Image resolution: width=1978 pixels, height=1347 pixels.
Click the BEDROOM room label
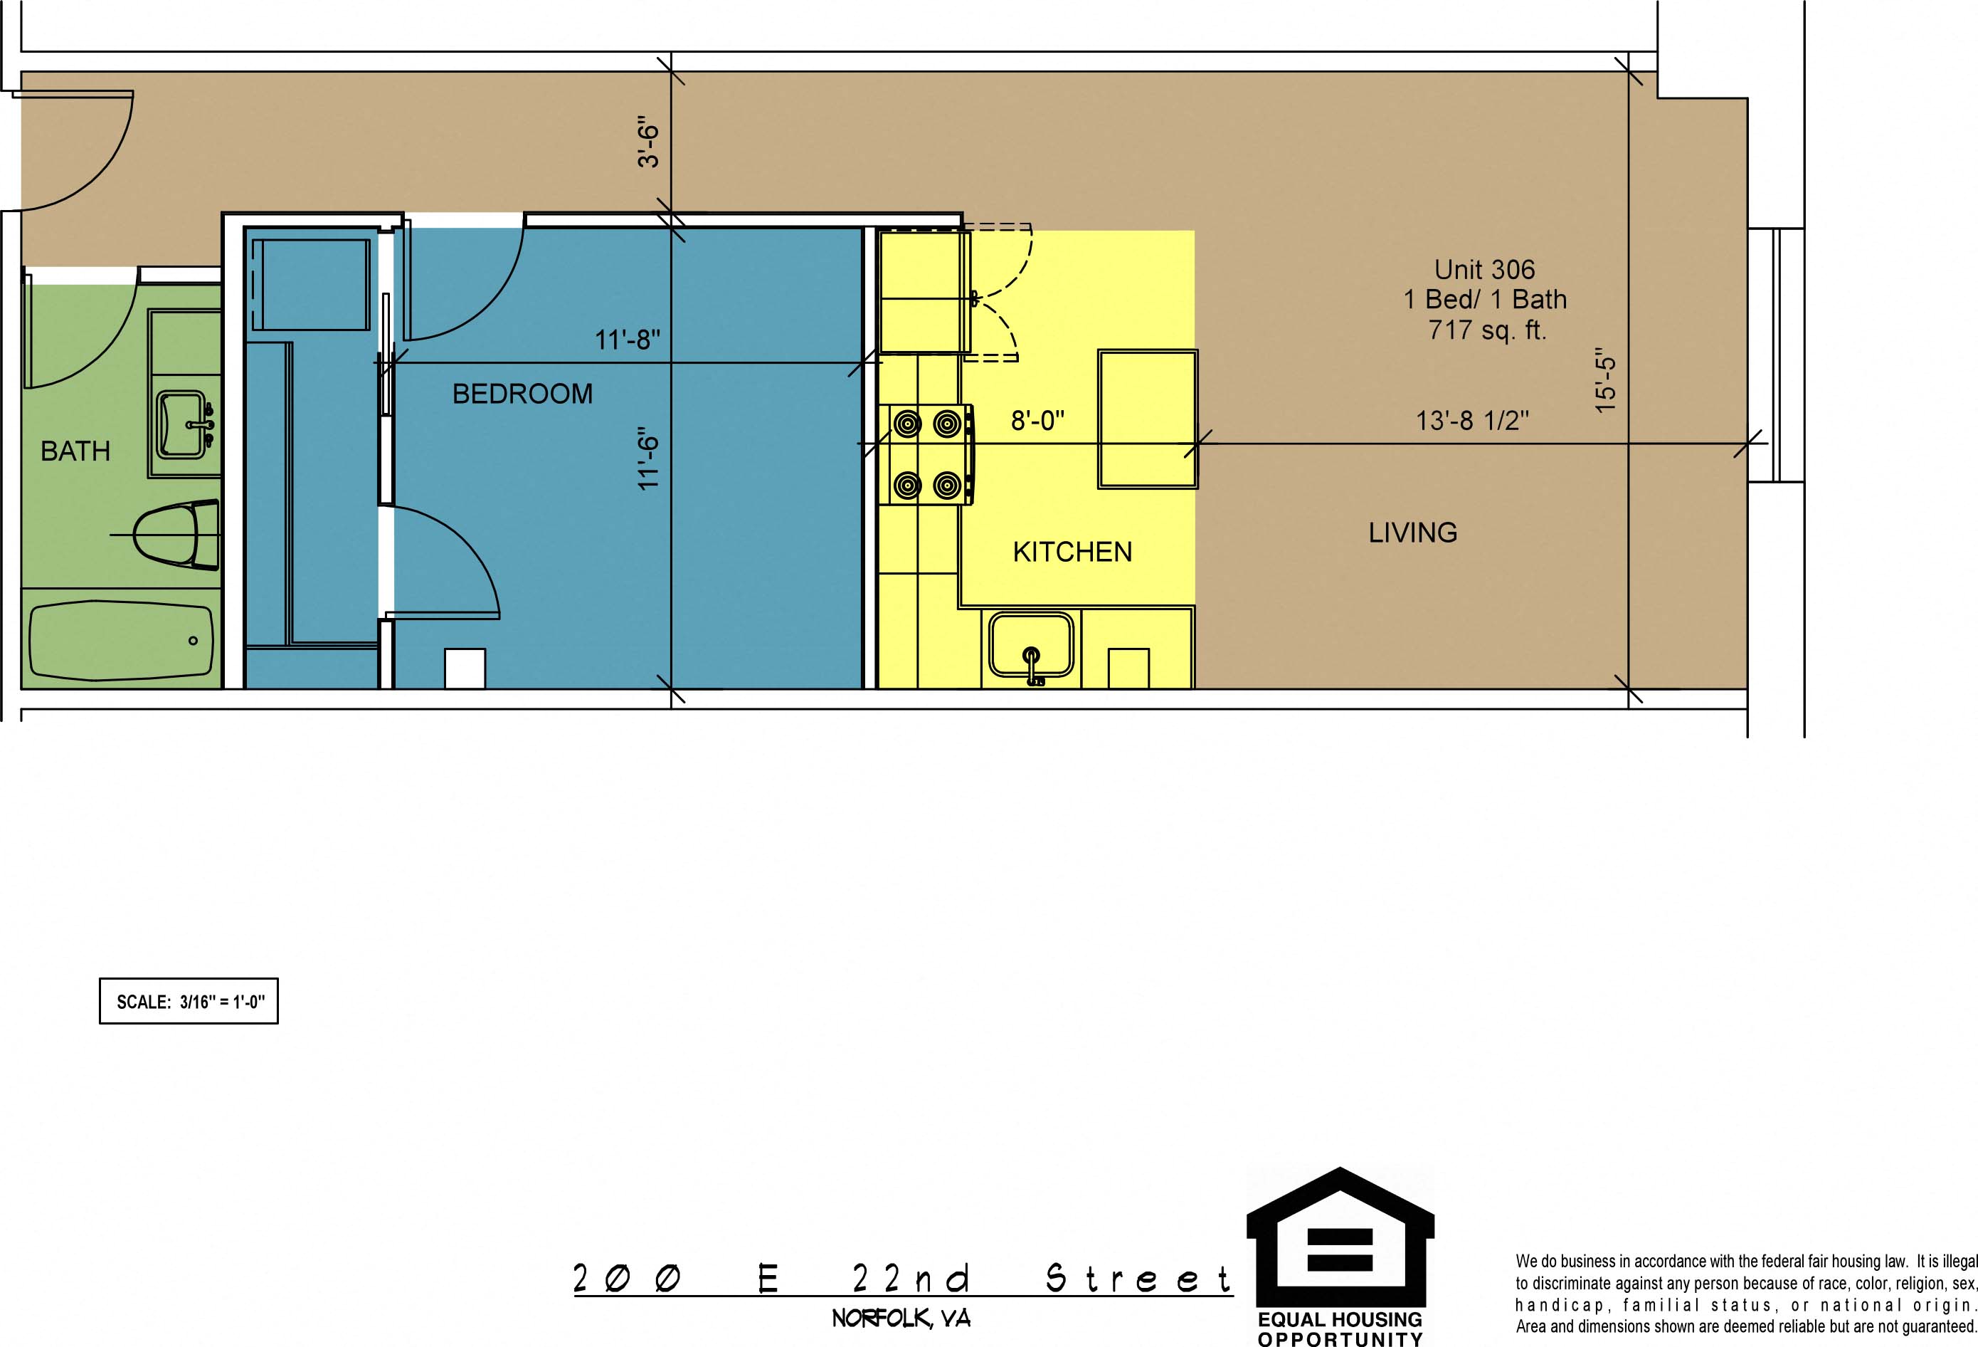tap(522, 394)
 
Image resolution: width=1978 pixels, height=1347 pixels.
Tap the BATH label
tap(75, 451)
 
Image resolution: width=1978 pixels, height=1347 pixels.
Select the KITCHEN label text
tap(1072, 552)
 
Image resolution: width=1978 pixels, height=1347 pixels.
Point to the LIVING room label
tap(1413, 532)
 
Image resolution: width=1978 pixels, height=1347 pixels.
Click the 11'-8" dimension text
tap(628, 340)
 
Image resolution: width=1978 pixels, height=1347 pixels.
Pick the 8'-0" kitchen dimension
tap(1037, 420)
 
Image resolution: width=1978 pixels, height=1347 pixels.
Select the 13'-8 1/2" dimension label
tap(1472, 420)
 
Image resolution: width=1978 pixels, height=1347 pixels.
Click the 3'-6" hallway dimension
tap(649, 145)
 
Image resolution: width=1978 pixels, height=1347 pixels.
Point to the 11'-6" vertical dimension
tap(649, 458)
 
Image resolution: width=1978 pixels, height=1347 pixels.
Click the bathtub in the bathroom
tap(120, 641)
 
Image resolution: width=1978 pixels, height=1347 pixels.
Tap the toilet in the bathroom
tap(177, 535)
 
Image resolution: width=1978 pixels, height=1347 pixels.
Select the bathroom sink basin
tap(182, 424)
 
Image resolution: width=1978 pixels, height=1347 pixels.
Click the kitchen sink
tap(1031, 646)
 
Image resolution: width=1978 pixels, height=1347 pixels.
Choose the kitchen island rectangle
tap(1147, 419)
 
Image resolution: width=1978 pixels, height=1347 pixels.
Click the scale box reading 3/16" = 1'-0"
tap(189, 1000)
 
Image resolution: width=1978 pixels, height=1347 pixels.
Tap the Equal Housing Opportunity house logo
tap(1340, 1242)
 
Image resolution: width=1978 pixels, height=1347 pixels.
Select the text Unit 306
tap(1484, 269)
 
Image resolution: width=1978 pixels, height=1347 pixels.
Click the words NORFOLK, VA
tap(901, 1318)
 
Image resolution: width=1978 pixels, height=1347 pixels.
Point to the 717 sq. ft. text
tap(1487, 330)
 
